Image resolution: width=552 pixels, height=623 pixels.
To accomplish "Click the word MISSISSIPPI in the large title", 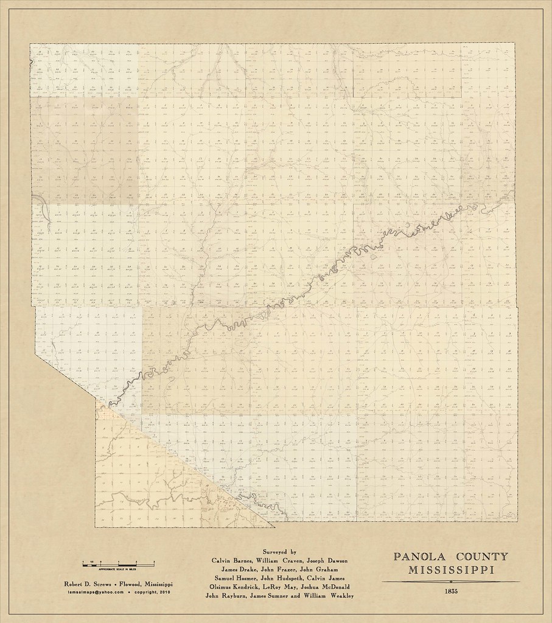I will tap(451, 570).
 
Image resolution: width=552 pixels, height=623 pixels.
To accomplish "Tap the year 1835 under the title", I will tap(451, 591).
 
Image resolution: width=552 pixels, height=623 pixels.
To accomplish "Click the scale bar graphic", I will tap(118, 562).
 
